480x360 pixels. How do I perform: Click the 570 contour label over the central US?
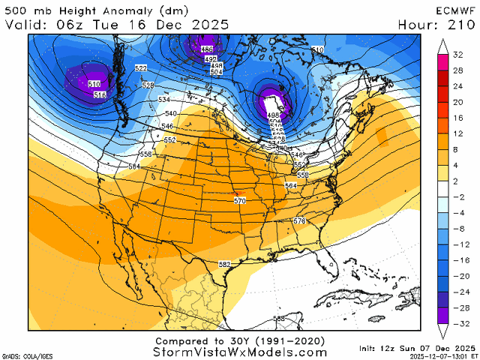click(239, 201)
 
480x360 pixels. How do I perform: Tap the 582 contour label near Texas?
click(224, 265)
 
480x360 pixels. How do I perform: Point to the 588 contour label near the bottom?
click(278, 319)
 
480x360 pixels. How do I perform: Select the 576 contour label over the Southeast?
click(299, 221)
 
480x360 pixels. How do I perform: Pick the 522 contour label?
click(140, 68)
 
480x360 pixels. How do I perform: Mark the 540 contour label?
click(170, 113)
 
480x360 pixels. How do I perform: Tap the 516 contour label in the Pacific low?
click(99, 94)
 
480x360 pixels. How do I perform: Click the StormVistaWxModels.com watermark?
click(239, 352)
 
